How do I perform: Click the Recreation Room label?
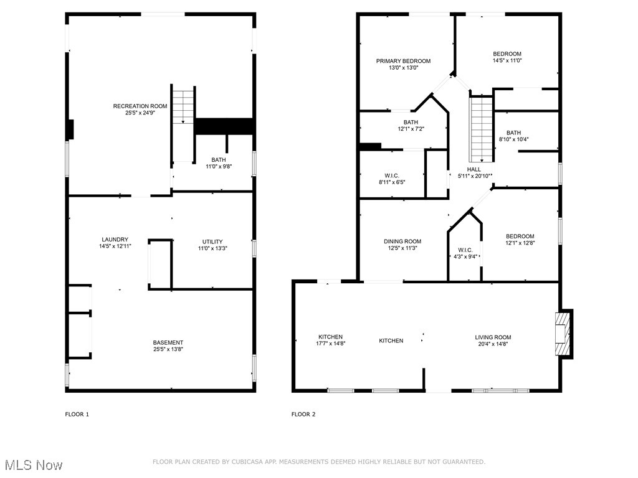(140, 106)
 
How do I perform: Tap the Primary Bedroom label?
(403, 61)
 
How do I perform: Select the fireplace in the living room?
(563, 334)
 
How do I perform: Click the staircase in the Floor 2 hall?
(480, 129)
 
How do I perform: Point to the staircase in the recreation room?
(184, 106)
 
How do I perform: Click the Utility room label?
(212, 241)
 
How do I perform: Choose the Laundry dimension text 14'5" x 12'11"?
(115, 246)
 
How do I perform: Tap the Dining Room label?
(402, 241)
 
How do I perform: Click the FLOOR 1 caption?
(77, 414)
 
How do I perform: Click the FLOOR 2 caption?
(303, 414)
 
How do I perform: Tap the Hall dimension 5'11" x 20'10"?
(474, 176)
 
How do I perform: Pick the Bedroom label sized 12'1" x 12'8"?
(520, 237)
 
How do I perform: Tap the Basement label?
(168, 342)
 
